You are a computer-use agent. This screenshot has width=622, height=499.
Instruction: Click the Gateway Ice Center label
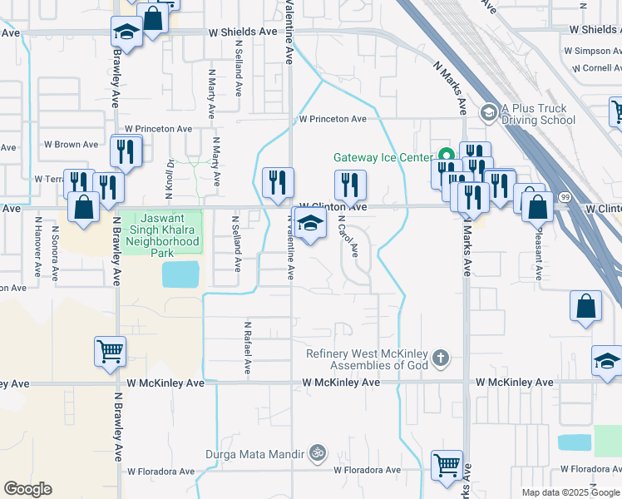click(x=383, y=157)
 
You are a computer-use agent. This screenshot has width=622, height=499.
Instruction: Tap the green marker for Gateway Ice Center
click(x=446, y=156)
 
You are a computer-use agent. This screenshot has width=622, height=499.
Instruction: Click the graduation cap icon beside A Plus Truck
click(x=489, y=111)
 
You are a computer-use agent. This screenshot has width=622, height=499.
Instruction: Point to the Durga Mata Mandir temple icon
click(x=316, y=453)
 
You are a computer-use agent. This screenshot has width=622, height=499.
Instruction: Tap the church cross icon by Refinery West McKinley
click(x=441, y=359)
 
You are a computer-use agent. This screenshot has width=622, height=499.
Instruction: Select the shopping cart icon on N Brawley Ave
click(x=110, y=351)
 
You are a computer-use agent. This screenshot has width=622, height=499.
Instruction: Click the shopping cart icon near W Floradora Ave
click(x=447, y=465)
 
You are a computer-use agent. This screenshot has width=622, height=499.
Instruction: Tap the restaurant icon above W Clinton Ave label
click(x=350, y=184)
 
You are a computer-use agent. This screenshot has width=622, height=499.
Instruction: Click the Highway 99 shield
click(x=565, y=195)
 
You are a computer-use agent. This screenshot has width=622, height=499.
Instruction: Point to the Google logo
click(x=27, y=489)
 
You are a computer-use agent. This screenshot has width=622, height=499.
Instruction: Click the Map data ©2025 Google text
click(x=570, y=492)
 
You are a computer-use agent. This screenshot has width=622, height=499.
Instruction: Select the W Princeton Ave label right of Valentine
click(x=333, y=119)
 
